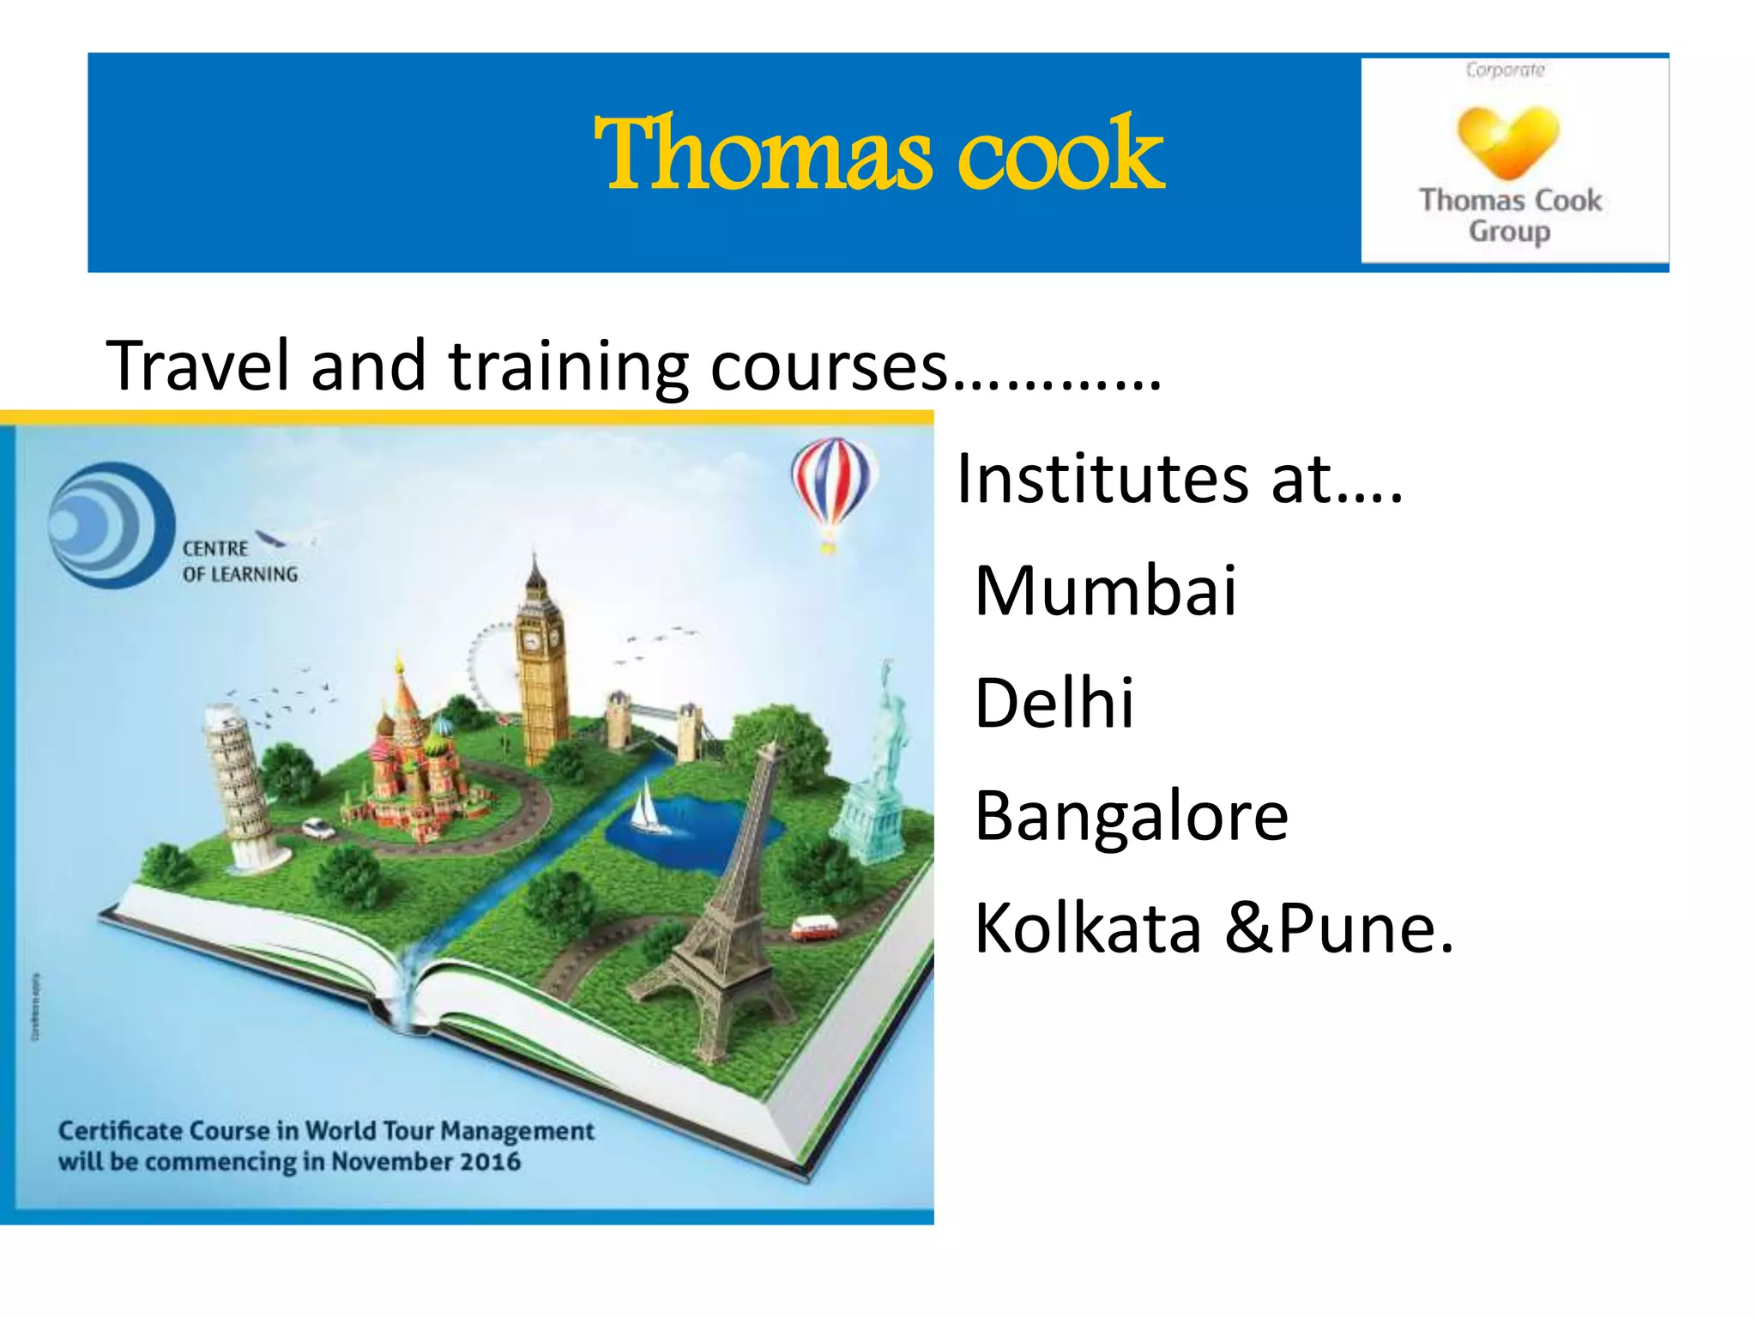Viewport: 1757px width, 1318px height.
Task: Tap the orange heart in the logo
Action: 1507,139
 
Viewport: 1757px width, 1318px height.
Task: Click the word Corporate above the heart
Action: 1505,70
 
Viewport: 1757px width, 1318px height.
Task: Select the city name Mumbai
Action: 1106,591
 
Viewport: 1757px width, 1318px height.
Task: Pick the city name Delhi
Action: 1054,703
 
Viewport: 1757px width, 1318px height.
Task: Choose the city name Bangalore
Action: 1132,815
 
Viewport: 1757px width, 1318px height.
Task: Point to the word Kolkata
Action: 1088,928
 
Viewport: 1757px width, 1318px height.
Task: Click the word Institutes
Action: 1102,479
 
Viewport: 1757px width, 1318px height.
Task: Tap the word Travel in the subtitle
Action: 198,366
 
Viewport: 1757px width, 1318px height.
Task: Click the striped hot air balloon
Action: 830,485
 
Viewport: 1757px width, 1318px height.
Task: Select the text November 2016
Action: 426,1162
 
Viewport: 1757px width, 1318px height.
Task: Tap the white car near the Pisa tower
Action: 317,828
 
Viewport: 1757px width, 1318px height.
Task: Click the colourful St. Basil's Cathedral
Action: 412,755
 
